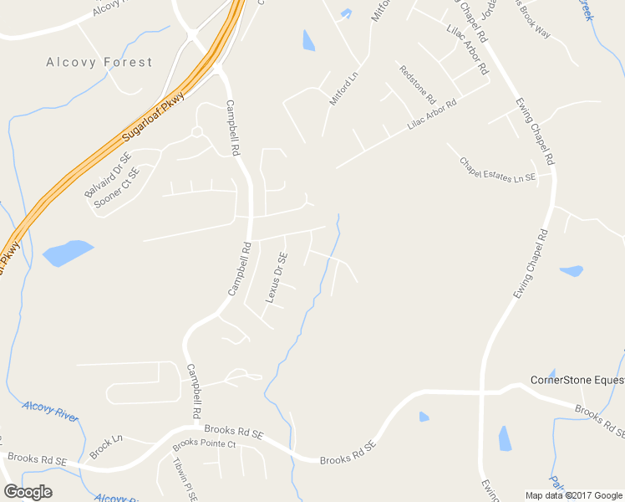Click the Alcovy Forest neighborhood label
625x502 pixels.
pyautogui.click(x=99, y=62)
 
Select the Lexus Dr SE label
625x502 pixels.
pyautogui.click(x=277, y=278)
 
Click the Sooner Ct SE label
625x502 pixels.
pyautogui.click(x=116, y=187)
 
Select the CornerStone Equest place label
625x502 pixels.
pyautogui.click(x=577, y=381)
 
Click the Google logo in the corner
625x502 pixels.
pyautogui.click(x=28, y=492)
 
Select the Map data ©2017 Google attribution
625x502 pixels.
pyautogui.click(x=573, y=495)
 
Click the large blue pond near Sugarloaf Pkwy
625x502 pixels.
pyautogui.click(x=67, y=252)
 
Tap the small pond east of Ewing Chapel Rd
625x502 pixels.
pyautogui.click(x=572, y=271)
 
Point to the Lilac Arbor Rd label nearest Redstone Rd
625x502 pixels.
pyautogui.click(x=433, y=115)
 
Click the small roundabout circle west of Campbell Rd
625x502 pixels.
pyautogui.click(x=196, y=132)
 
